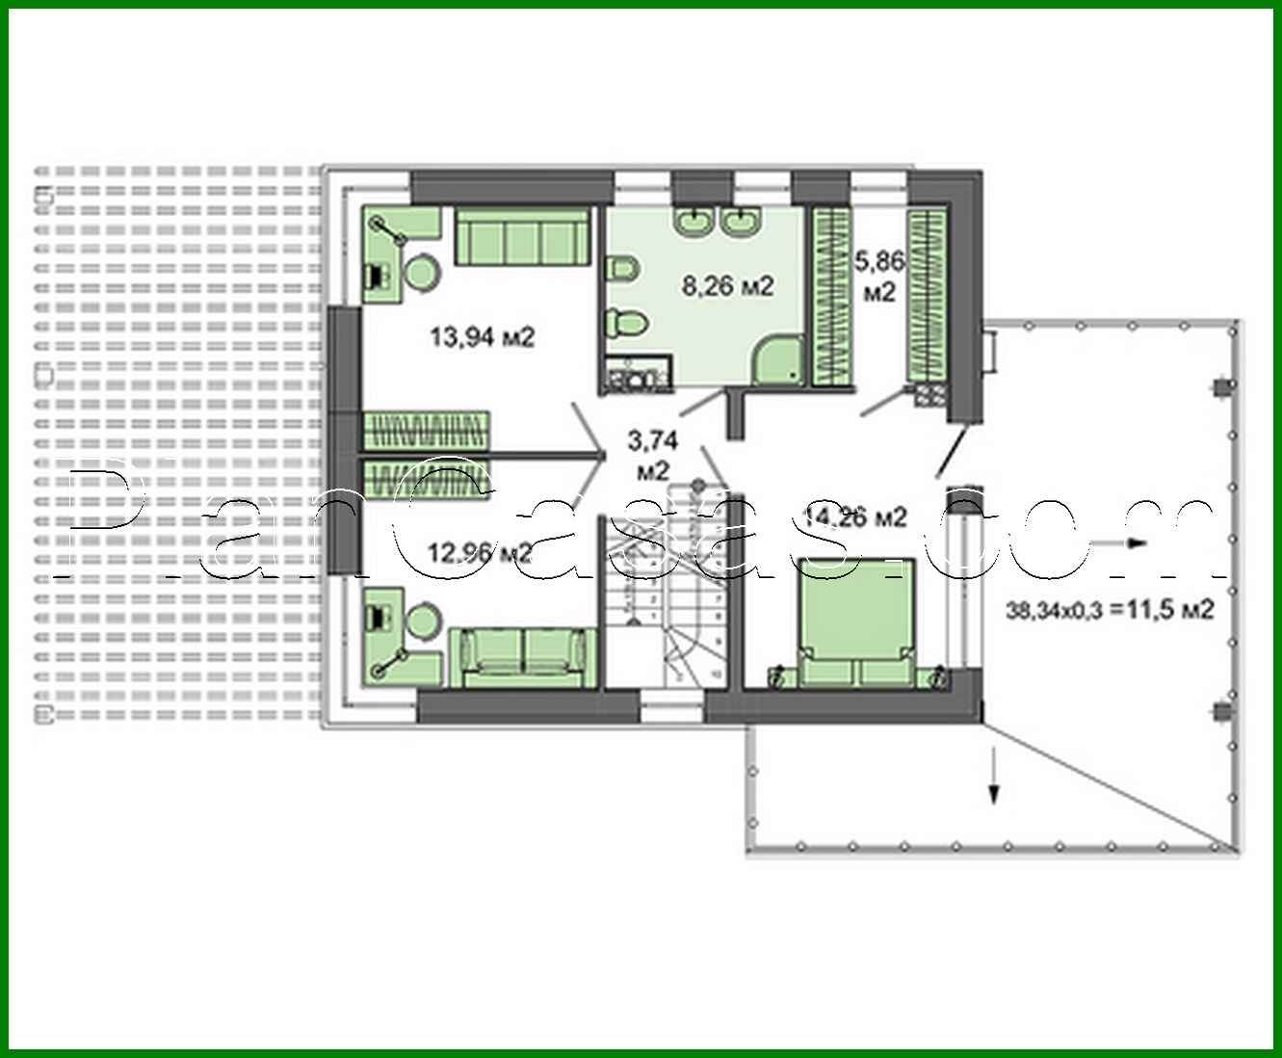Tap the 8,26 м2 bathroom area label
[727, 286]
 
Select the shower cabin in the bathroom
[779, 360]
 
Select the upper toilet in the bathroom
[621, 268]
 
